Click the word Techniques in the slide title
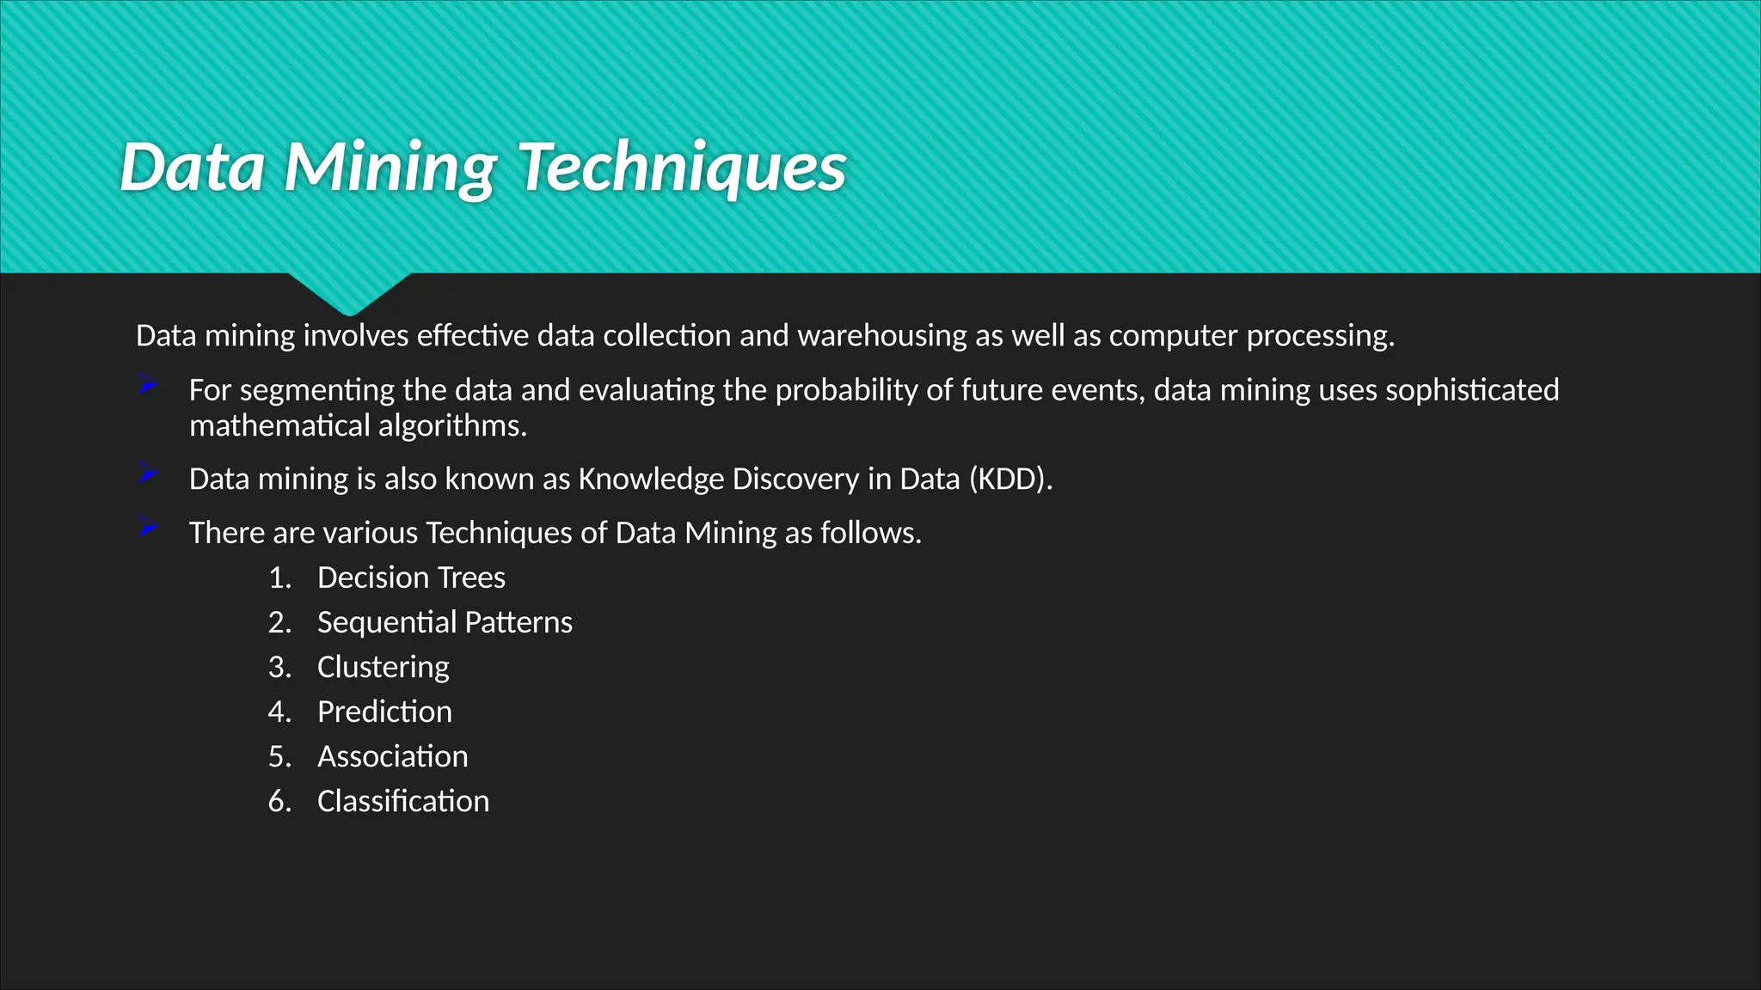point(684,167)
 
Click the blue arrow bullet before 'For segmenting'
point(148,386)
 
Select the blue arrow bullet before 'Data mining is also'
point(148,474)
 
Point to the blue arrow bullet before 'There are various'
point(148,528)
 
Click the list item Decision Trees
point(411,577)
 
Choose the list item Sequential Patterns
point(445,622)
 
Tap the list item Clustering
point(383,667)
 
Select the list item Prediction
point(384,712)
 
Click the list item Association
point(392,756)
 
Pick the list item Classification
point(402,801)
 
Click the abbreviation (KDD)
point(1010,479)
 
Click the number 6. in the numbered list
point(279,801)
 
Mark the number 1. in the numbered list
point(279,577)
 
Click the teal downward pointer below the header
point(349,292)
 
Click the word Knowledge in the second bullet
point(651,479)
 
